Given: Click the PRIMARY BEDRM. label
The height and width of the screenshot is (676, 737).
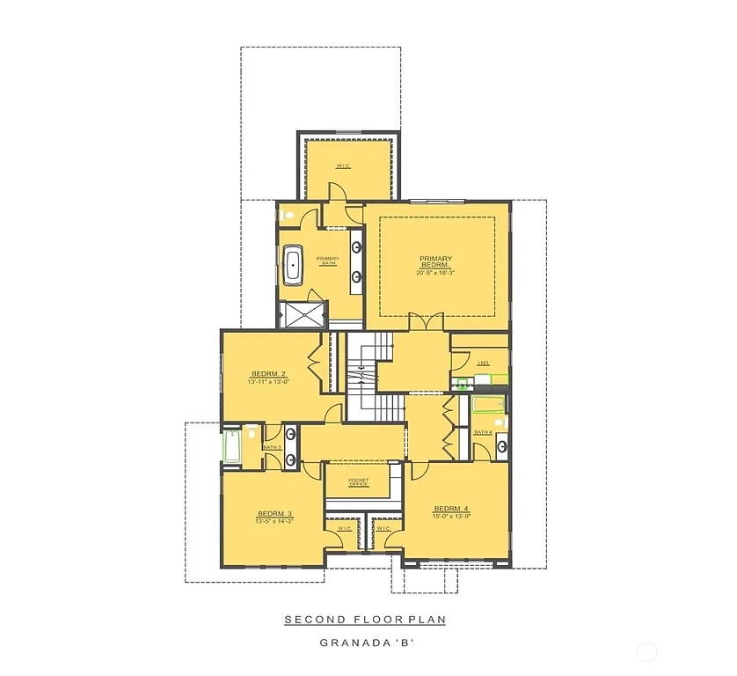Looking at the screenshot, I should pos(434,261).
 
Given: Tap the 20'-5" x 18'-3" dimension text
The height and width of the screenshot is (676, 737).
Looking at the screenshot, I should pos(434,273).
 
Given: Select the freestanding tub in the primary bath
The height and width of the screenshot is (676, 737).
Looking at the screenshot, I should pos(293,265).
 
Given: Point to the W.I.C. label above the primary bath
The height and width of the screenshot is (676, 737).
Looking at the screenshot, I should pos(343,165).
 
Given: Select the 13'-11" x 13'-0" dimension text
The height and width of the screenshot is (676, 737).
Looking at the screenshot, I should pos(269,382).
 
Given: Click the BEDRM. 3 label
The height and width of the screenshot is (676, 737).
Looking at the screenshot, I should pos(274,514).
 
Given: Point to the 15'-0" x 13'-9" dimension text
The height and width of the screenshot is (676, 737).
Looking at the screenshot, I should pos(451,517).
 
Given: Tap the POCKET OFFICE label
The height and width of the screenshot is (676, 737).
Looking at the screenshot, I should pos(357,482).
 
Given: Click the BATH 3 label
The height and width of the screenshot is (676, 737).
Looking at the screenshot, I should pos(273,447).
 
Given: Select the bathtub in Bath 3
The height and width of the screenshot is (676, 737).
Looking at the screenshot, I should pos(231,447).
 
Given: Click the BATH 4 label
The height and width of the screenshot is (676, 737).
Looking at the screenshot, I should pos(483,432).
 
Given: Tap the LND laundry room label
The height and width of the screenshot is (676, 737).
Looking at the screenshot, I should pos(483,363).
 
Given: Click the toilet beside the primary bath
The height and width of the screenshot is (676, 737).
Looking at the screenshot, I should pos(287,216).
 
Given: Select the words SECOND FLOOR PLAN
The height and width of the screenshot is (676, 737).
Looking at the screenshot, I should pos(365,620).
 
